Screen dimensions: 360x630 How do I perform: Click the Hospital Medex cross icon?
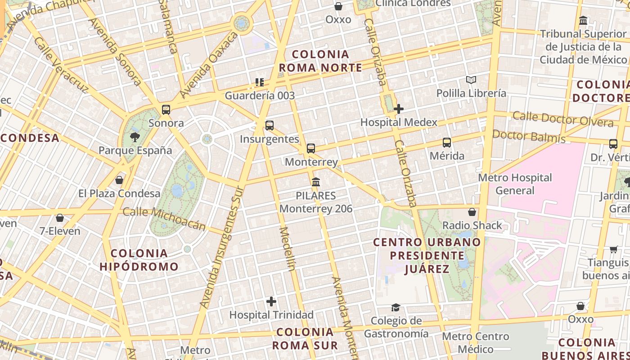pyautogui.click(x=398, y=109)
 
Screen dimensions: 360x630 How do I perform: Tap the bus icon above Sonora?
pyautogui.click(x=166, y=109)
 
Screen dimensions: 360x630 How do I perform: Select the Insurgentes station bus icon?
pyautogui.click(x=270, y=126)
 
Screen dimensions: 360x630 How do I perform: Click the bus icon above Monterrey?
pyautogui.click(x=311, y=148)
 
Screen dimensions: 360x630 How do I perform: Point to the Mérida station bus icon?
pyautogui.click(x=447, y=143)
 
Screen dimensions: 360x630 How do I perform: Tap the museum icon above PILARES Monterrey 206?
pyautogui.click(x=316, y=182)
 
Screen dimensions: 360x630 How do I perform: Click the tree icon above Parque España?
pyautogui.click(x=135, y=137)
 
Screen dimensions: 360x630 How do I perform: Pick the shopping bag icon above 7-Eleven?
pyautogui.click(x=60, y=218)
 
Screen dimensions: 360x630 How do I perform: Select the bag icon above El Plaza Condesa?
pyautogui.click(x=119, y=180)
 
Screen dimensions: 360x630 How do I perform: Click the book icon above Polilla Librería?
pyautogui.click(x=471, y=80)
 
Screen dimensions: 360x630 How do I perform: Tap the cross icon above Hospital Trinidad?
pyautogui.click(x=271, y=301)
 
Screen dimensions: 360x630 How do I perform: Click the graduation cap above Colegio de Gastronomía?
pyautogui.click(x=396, y=307)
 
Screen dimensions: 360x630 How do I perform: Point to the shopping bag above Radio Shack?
pyautogui.click(x=472, y=212)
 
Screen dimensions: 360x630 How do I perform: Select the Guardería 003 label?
pyautogui.click(x=260, y=95)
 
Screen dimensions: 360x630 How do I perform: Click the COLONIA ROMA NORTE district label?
pyautogui.click(x=320, y=61)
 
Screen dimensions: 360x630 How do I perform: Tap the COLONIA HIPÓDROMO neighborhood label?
pyautogui.click(x=139, y=260)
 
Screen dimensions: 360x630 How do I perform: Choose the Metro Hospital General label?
pyautogui.click(x=515, y=184)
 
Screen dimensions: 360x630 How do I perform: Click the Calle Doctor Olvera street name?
pyautogui.click(x=562, y=119)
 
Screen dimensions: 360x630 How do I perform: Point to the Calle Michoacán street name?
pyautogui.click(x=164, y=218)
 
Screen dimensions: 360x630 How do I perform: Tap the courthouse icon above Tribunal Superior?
pyautogui.click(x=584, y=21)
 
